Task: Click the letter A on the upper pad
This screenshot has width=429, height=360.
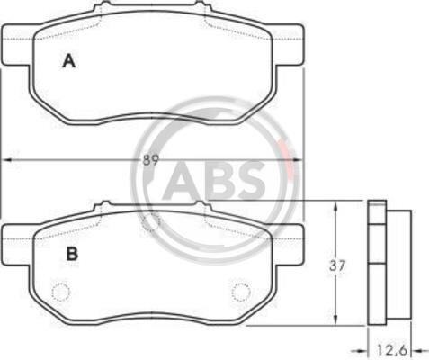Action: point(69,61)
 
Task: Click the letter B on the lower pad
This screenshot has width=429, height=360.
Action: point(72,254)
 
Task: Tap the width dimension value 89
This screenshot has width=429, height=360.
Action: point(150,160)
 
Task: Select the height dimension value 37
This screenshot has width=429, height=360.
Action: point(337,265)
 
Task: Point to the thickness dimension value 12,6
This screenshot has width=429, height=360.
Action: point(391,349)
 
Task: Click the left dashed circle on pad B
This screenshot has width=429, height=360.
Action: point(61,292)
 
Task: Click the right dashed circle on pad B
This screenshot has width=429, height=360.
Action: point(241,292)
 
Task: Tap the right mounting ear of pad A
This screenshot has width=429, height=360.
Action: point(289,44)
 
